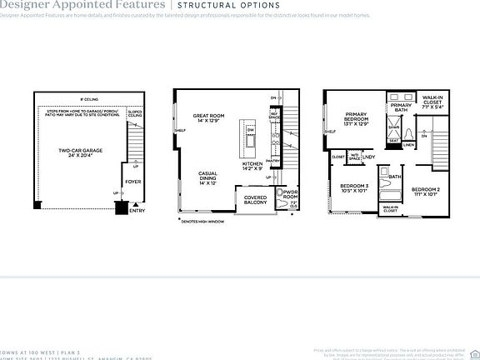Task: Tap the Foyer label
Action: pos(132,181)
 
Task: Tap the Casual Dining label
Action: pos(207,176)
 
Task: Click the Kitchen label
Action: pos(253,167)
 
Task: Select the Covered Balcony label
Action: pos(255,199)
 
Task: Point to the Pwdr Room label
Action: pos(289,195)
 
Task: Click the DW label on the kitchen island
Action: pos(251,131)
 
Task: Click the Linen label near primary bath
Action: pos(409,145)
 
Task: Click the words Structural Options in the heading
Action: pos(226,4)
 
